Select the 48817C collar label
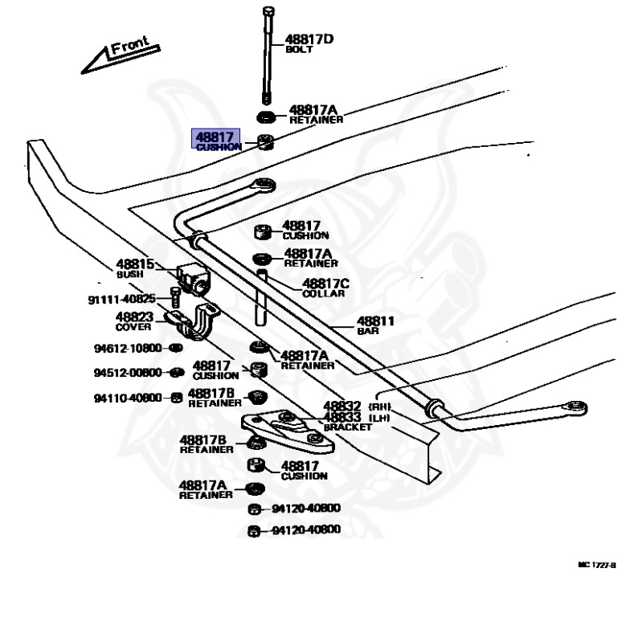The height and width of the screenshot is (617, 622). click(x=325, y=284)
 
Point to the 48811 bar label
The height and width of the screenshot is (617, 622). click(x=375, y=321)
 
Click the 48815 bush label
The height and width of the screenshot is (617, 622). click(x=134, y=264)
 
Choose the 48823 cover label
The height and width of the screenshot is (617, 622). click(x=134, y=317)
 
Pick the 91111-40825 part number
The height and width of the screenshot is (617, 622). click(x=121, y=300)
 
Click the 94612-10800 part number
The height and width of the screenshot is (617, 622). click(x=127, y=349)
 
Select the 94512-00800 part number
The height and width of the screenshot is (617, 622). click(x=128, y=373)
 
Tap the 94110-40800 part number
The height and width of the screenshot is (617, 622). click(x=128, y=398)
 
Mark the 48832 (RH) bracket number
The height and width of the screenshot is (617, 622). click(x=342, y=407)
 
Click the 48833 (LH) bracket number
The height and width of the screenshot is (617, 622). click(x=342, y=418)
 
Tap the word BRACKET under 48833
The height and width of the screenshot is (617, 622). click(x=347, y=428)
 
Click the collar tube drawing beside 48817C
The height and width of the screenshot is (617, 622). click(x=263, y=296)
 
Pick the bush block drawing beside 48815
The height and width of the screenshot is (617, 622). click(x=192, y=277)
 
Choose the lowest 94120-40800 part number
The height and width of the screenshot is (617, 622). click(x=305, y=529)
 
